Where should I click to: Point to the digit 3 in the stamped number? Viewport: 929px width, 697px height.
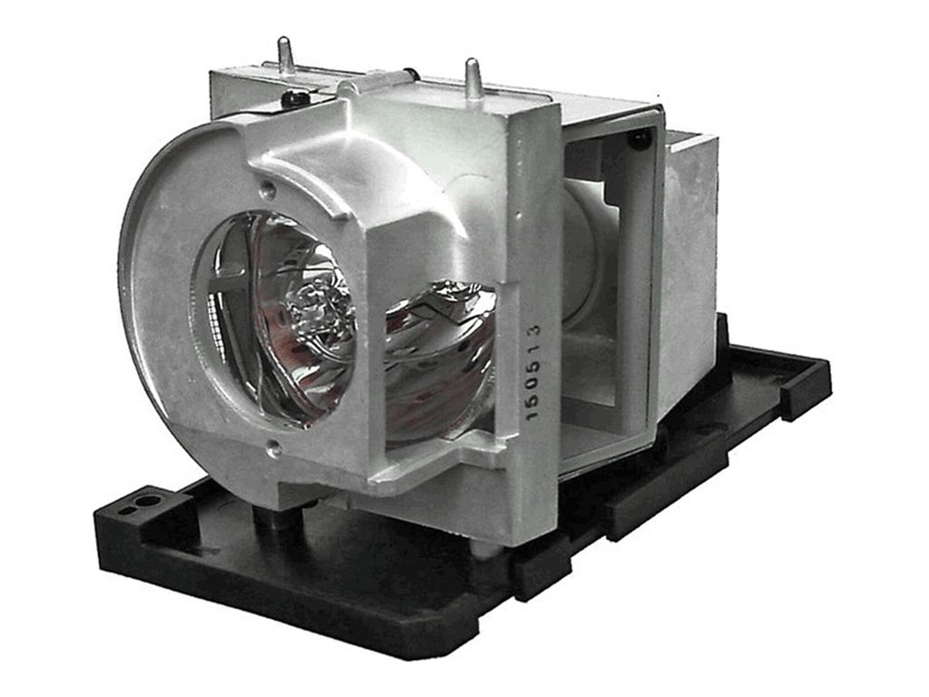pos(534,329)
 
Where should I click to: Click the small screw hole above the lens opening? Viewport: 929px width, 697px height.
pos(270,190)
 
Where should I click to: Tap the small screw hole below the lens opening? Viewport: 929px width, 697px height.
pos(272,443)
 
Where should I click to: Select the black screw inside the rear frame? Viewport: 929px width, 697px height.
pos(640,141)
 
